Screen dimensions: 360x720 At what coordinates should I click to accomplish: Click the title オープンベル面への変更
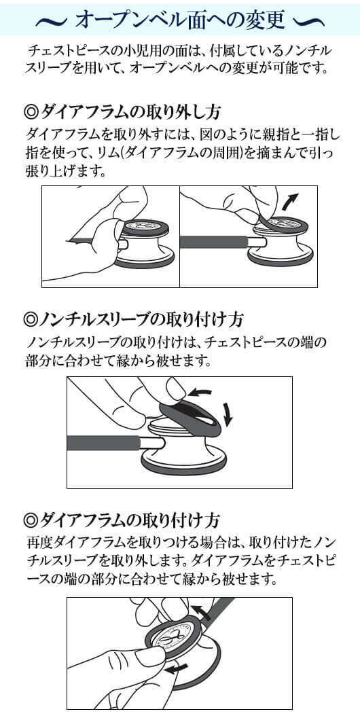[180, 19]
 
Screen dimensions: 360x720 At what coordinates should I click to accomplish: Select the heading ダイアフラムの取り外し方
[131, 111]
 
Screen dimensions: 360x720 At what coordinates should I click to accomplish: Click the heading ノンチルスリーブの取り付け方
[143, 318]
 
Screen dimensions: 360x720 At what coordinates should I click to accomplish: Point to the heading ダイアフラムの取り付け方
[130, 520]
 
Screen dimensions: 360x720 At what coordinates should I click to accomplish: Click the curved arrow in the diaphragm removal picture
[290, 202]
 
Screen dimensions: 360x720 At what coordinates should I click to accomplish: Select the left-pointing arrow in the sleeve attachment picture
[200, 393]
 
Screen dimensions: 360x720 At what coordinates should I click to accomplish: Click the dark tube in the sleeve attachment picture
[104, 443]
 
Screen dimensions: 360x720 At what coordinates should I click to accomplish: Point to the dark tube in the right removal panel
[214, 242]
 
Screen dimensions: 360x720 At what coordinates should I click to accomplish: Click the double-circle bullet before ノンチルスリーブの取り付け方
[31, 319]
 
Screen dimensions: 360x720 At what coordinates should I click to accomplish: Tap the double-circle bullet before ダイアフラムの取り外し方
[31, 112]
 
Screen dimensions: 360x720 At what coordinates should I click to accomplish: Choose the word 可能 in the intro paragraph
[285, 69]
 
